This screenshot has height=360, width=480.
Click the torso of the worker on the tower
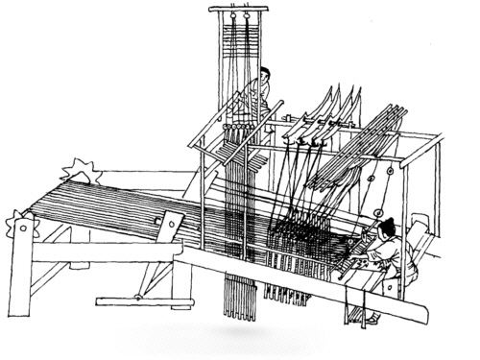pos(261,94)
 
